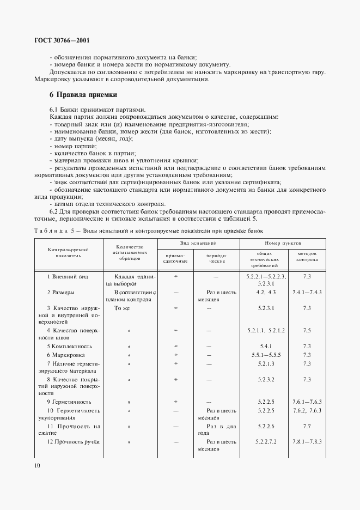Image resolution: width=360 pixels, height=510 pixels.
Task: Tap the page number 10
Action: coord(36,465)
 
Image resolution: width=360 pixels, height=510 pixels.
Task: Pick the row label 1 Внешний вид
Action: coord(68,277)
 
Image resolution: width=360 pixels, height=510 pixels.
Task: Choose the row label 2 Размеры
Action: coord(61,293)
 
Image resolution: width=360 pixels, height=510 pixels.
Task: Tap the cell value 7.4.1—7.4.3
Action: coord(307,293)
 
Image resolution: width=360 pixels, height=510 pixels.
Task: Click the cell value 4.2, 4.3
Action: coord(266,293)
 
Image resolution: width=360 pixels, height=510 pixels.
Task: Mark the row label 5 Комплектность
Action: coord(69,346)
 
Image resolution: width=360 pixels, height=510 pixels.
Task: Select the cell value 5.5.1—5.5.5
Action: coord(266,355)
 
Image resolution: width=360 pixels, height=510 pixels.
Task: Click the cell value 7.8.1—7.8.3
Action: coord(307,441)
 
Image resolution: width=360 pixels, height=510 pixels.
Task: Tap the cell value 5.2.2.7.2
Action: coord(266,441)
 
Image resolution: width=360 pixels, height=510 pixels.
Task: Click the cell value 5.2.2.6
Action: coord(266,426)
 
